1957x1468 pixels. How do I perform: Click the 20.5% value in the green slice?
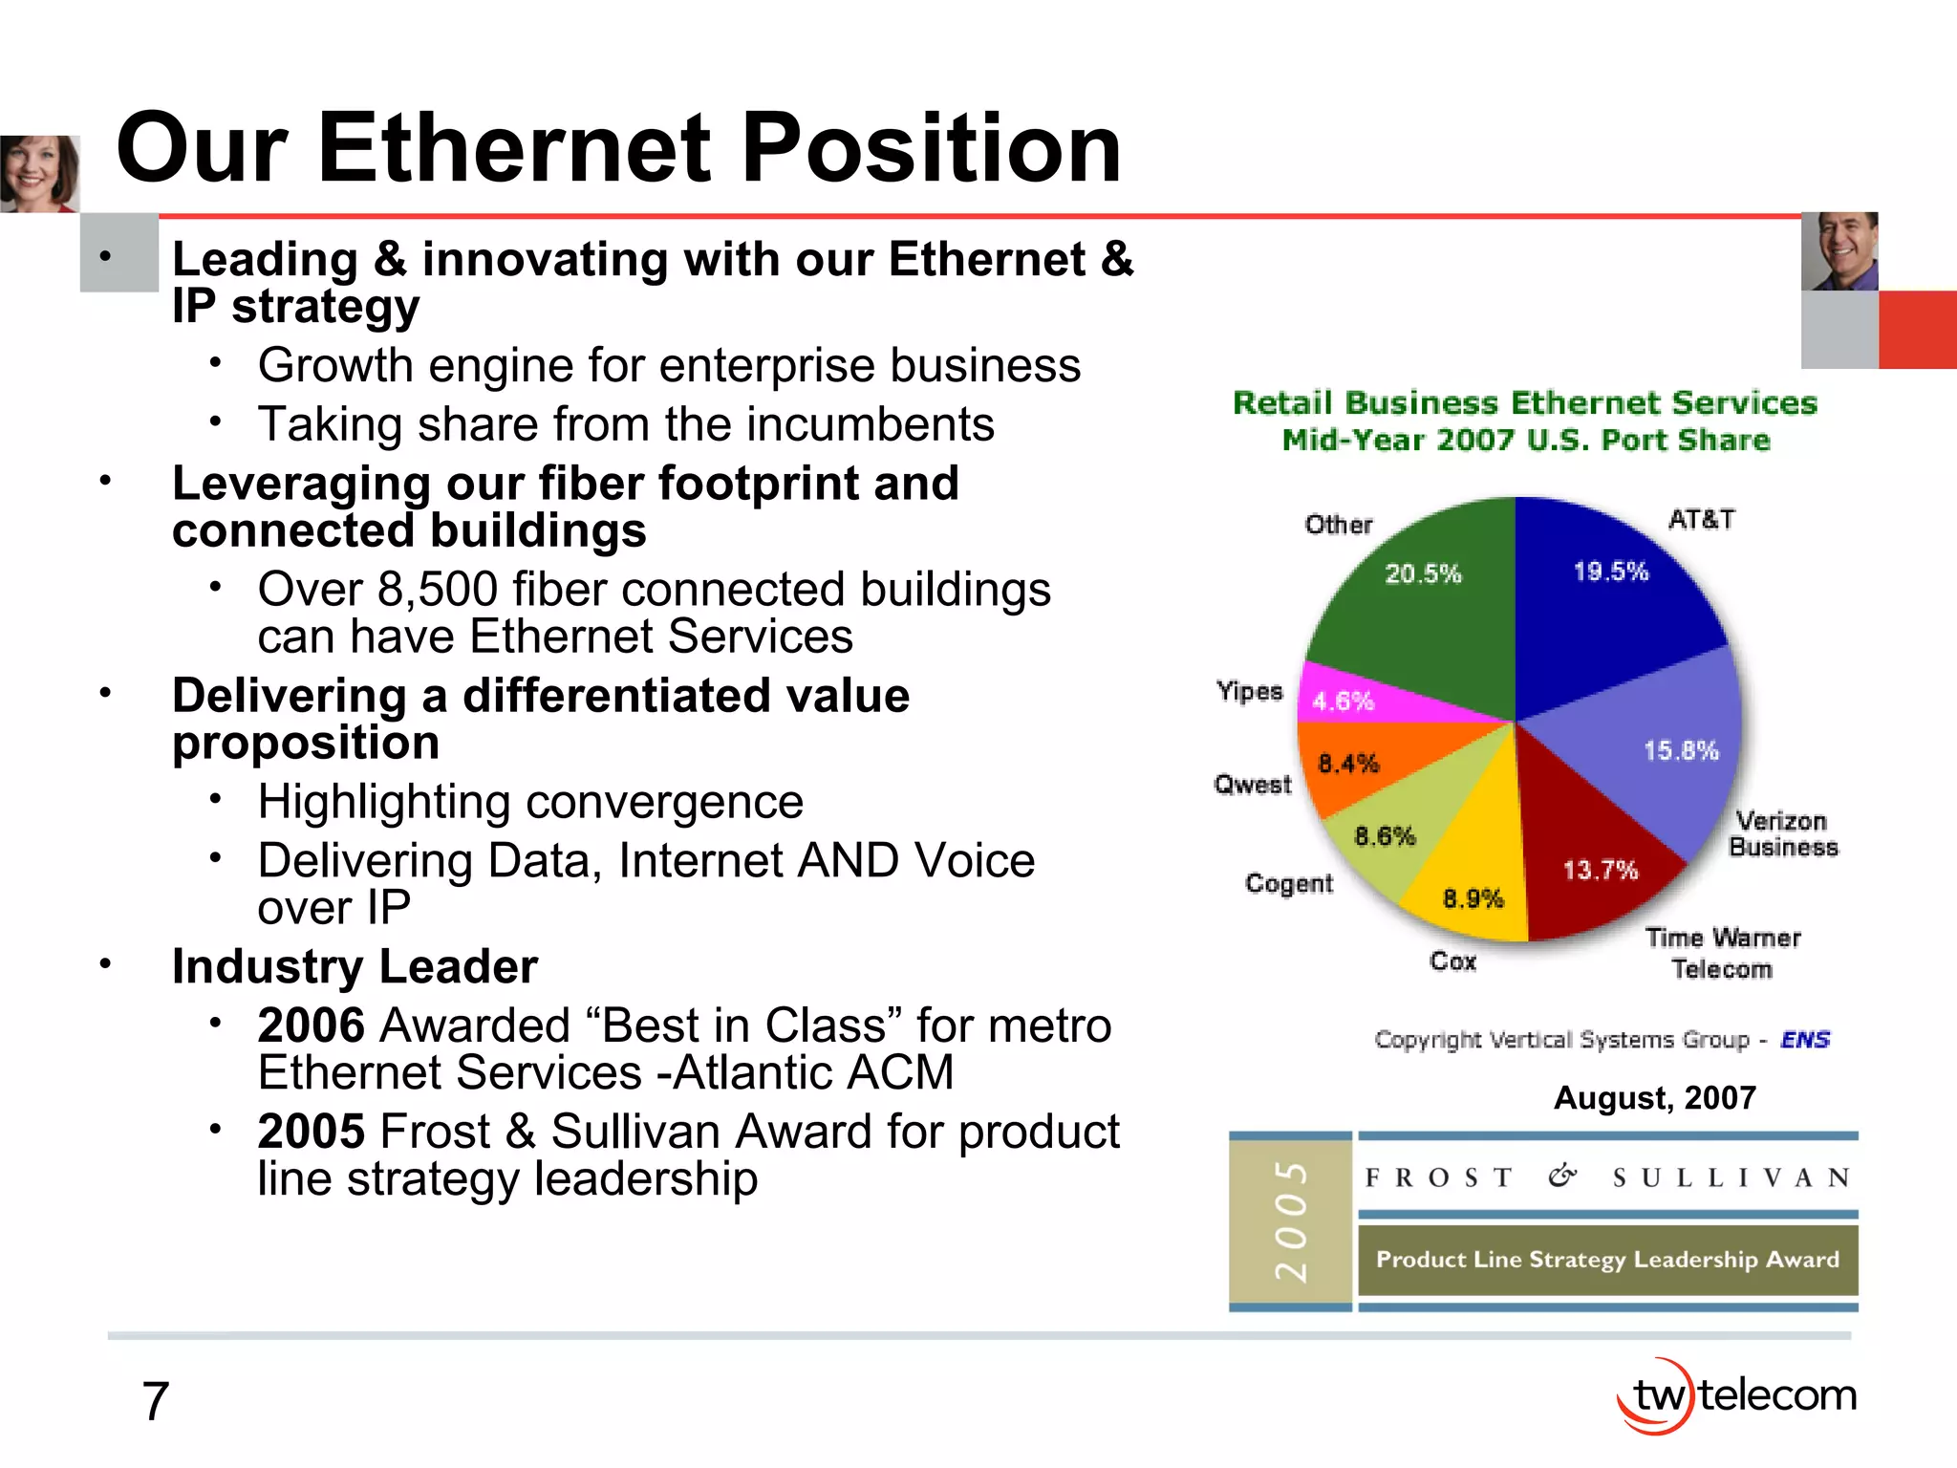tap(1423, 573)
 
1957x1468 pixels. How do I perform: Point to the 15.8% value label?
tap(1680, 750)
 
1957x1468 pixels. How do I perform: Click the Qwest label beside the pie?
tap(1252, 785)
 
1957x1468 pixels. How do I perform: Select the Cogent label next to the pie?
tap(1288, 883)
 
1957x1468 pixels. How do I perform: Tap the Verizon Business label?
tap(1782, 833)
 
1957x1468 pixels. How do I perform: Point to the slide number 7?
tap(155, 1401)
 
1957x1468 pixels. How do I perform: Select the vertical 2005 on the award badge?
tap(1290, 1220)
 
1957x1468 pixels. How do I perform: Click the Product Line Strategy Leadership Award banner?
tap(1607, 1260)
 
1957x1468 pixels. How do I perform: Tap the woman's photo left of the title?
tap(38, 173)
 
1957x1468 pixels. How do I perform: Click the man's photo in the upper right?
tap(1839, 251)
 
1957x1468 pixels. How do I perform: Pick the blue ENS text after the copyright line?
tap(1804, 1039)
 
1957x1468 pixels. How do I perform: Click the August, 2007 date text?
tap(1655, 1097)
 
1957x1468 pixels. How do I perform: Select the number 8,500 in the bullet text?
tap(437, 589)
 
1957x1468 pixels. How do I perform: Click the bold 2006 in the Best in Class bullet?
tap(312, 1025)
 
